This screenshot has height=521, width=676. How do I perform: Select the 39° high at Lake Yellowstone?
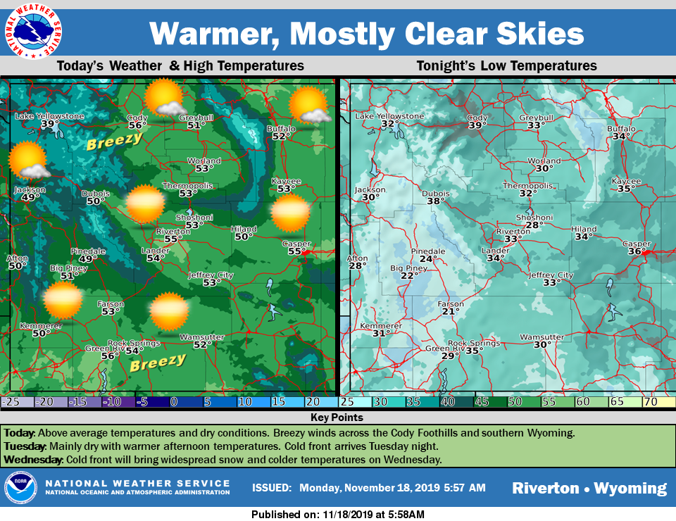50,125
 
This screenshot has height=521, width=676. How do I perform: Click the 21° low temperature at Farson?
451,312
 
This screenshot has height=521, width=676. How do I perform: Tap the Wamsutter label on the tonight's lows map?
542,337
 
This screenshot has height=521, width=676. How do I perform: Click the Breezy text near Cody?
114,142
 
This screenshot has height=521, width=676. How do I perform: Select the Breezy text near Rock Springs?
158,363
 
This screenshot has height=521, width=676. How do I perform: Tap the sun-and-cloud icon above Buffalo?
310,106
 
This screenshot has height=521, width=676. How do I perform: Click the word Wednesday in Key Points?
33,460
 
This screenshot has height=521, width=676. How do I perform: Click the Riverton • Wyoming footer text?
589,488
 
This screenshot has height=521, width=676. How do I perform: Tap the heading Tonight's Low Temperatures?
506,65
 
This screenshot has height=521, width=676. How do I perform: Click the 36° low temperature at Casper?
636,251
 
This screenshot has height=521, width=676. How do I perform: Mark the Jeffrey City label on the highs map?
211,275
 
